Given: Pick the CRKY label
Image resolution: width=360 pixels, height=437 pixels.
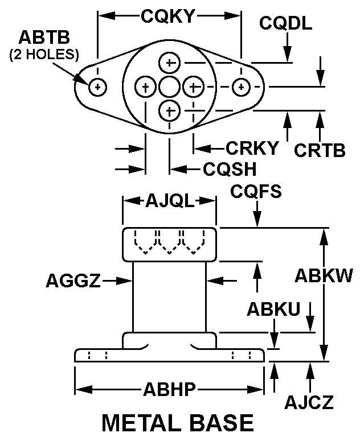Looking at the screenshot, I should click(x=252, y=149).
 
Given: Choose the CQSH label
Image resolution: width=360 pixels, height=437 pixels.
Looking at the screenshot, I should click(x=230, y=169).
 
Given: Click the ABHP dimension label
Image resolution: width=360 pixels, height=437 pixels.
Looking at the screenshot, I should click(x=169, y=390).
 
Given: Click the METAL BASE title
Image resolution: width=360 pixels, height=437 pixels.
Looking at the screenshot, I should click(x=177, y=423).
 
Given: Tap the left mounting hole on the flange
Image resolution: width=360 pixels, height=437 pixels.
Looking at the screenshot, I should click(x=99, y=87).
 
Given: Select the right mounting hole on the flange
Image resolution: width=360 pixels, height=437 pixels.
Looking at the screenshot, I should click(x=242, y=87).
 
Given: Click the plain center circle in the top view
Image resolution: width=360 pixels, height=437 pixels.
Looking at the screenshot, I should click(x=169, y=87).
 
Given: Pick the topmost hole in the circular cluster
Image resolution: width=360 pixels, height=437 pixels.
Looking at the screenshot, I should click(x=169, y=62).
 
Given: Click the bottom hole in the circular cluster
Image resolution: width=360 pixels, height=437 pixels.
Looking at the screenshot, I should click(x=169, y=110).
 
